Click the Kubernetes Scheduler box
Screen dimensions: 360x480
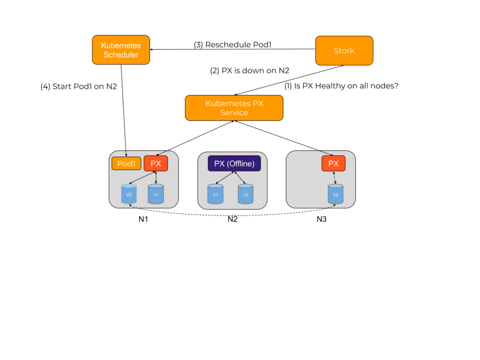[121, 50]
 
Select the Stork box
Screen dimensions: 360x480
[344, 51]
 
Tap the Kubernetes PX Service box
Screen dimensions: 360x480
[234, 108]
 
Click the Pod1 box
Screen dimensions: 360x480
[126, 164]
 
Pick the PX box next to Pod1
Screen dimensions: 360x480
[156, 164]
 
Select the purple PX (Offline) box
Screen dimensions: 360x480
[234, 164]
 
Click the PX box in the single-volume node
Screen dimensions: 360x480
[333, 164]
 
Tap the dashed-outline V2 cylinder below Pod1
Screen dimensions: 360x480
[129, 194]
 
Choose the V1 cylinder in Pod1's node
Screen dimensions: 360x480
[156, 194]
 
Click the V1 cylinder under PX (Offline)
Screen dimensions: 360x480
[215, 194]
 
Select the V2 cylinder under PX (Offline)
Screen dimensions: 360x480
[245, 194]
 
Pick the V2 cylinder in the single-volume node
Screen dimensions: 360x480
[335, 194]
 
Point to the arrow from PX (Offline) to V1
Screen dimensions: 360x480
[225, 178]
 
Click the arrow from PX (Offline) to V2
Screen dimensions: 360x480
[240, 178]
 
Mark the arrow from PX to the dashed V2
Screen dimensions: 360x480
[142, 178]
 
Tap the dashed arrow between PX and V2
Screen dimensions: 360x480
[334, 178]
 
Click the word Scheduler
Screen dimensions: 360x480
[121, 55]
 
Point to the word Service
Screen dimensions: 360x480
[234, 113]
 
